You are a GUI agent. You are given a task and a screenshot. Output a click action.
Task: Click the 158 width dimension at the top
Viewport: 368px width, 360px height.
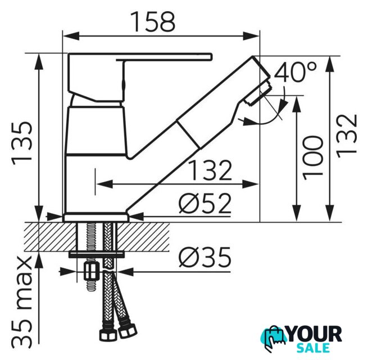click(x=154, y=22)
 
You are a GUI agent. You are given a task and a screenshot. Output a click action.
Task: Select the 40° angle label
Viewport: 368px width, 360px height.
click(x=296, y=72)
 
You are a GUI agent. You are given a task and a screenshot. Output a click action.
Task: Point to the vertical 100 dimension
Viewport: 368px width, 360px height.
click(x=313, y=158)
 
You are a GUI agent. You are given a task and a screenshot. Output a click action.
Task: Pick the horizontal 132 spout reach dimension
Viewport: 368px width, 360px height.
click(x=210, y=170)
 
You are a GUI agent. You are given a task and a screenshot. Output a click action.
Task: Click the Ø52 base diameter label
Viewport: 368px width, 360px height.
click(x=205, y=204)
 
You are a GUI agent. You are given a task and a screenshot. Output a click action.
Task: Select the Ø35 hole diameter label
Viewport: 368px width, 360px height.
click(x=205, y=257)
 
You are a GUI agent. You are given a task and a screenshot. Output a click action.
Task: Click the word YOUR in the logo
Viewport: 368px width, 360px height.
click(x=314, y=334)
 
